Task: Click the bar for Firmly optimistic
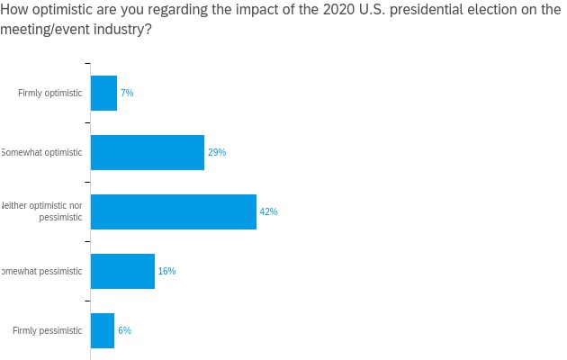(103, 93)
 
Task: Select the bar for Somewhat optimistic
(148, 152)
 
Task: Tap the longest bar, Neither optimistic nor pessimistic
(174, 211)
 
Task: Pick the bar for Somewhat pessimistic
(122, 271)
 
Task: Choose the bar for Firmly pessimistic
(103, 330)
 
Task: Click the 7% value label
(127, 93)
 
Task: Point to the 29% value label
(217, 152)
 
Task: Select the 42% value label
(268, 211)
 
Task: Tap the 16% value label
(166, 271)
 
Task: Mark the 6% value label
(124, 330)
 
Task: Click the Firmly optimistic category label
(49, 93)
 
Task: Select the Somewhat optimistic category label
(41, 152)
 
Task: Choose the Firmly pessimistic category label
(47, 330)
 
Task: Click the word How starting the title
(15, 10)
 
